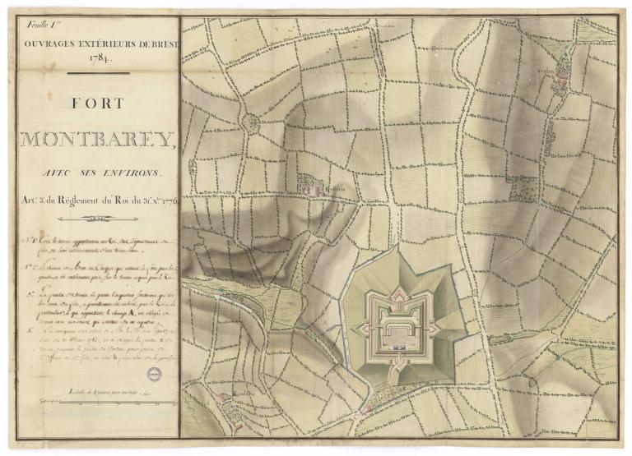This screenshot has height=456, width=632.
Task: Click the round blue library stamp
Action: [x=154, y=374]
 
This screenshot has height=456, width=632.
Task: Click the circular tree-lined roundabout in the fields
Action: [x=249, y=123]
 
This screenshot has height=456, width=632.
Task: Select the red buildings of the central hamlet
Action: [x=310, y=189]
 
